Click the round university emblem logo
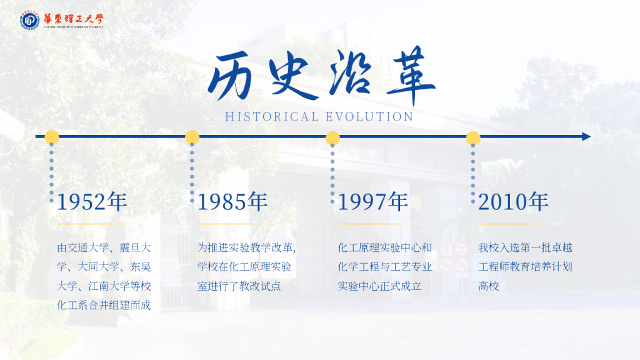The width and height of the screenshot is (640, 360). coord(30,20)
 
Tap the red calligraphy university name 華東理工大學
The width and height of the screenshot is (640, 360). coord(74,19)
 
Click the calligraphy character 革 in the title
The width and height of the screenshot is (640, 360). coord(410,75)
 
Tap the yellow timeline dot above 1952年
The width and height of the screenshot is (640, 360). coord(51,137)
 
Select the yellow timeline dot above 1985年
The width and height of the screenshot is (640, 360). coord(192,137)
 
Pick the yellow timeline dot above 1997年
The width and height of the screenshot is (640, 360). coord(332,138)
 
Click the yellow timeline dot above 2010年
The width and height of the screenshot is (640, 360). coord(473,138)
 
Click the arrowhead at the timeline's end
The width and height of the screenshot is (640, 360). coord(586,137)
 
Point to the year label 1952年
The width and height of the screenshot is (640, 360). coord(92,202)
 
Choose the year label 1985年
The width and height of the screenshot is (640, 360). coord(232,202)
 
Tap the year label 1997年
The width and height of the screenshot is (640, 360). coord(372,202)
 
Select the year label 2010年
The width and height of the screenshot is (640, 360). coord(513,202)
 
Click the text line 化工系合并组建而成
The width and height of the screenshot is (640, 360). coord(104,305)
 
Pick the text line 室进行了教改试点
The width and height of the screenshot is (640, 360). coord(239,286)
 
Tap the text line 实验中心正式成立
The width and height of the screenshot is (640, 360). coord(379,286)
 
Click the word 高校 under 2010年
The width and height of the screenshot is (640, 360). coord(489,286)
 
